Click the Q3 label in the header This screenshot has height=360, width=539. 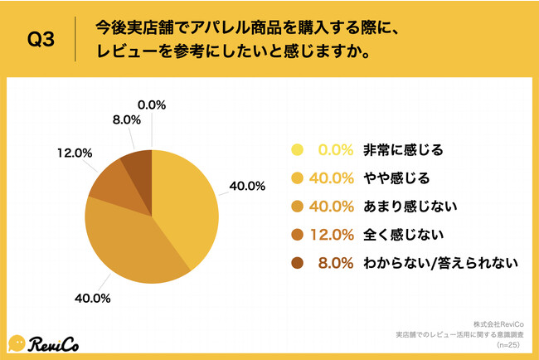(41, 40)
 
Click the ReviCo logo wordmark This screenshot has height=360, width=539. (57, 342)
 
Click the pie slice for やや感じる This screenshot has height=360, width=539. (187, 203)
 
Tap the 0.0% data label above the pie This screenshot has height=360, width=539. (152, 105)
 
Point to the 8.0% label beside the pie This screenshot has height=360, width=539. (105, 120)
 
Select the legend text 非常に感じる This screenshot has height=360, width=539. (403, 150)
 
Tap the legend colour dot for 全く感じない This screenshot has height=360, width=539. (295, 235)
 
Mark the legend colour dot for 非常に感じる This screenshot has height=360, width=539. (295, 150)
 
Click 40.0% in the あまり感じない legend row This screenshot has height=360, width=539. (333, 207)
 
